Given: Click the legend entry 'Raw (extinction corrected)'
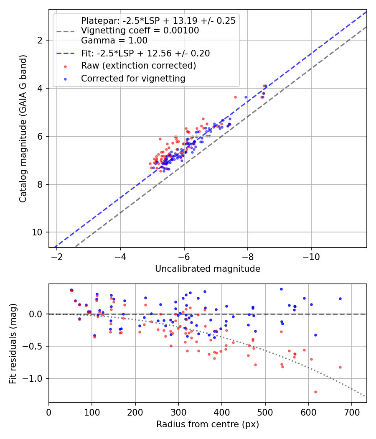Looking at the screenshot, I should (138, 66).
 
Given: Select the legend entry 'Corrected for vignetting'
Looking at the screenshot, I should (133, 78).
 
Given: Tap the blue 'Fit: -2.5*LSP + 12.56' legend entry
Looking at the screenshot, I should (145, 53).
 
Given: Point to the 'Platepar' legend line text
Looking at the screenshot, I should (158, 20).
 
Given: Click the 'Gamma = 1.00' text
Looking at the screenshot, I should (114, 41).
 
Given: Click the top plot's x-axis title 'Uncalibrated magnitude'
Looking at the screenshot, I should (208, 269).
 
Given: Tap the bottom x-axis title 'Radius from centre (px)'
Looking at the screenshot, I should (208, 424).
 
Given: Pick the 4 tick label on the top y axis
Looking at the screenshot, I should (39, 88).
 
